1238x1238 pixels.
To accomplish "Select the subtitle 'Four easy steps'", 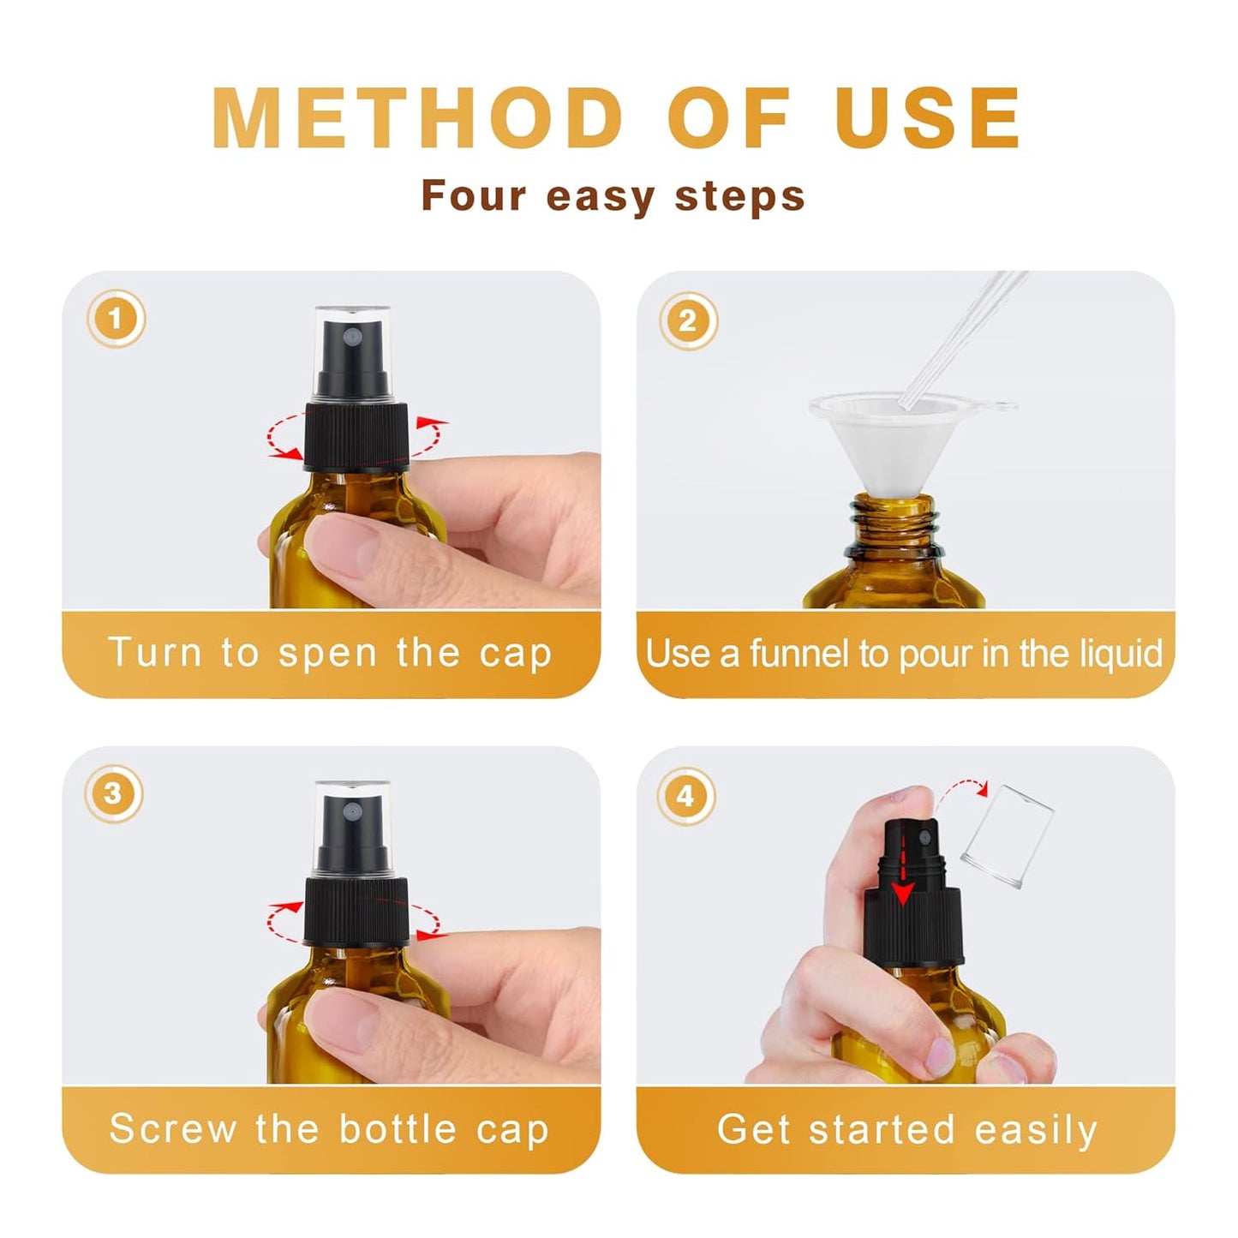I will click(x=613, y=196).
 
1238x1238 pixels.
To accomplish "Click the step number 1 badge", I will click(x=116, y=320).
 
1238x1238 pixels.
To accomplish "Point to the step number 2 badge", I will click(x=687, y=320).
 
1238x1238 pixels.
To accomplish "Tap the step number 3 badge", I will click(x=113, y=794).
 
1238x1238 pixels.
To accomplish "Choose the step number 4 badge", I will click(x=685, y=796).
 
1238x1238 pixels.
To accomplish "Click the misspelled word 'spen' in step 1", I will click(x=327, y=653).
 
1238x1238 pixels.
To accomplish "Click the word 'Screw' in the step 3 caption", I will click(x=172, y=1128).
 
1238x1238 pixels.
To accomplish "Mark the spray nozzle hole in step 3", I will click(x=349, y=810).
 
